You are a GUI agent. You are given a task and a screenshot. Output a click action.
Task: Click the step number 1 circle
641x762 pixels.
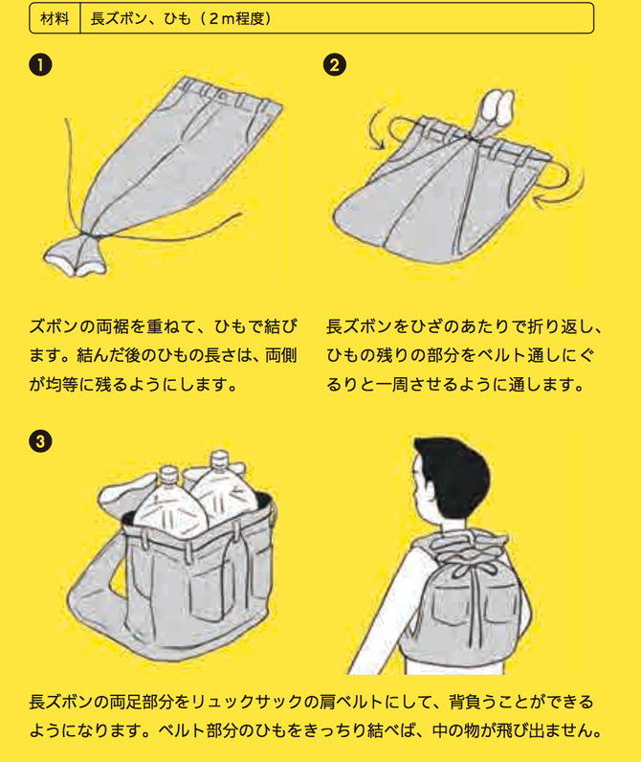[x=40, y=65]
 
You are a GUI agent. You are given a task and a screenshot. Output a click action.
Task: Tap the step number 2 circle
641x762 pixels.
[x=335, y=65]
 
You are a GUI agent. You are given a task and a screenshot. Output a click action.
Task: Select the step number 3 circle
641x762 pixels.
[x=40, y=441]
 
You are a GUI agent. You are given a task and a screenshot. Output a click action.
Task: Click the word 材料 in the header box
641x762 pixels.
[x=55, y=19]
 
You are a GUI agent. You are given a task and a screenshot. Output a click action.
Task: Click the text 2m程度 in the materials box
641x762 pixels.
[x=236, y=19]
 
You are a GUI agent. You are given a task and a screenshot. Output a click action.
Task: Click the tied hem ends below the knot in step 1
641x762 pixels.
[x=76, y=258]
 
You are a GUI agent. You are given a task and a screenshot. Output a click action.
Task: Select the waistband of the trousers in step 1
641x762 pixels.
[x=230, y=96]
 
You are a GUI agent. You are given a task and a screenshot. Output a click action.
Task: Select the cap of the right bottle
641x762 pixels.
[x=219, y=459]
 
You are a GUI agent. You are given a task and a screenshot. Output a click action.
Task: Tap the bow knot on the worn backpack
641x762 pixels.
[x=469, y=569]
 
